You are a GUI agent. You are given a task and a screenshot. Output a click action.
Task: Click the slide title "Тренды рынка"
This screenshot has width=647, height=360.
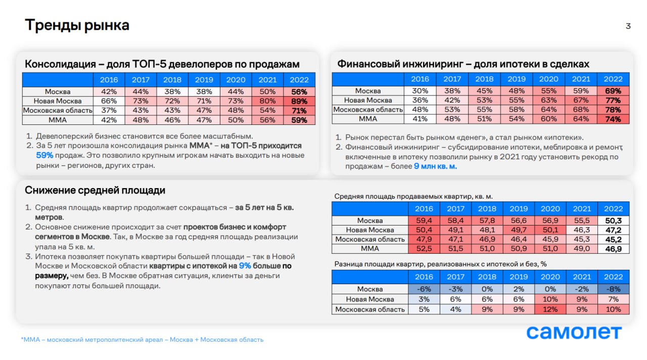coord(77,25)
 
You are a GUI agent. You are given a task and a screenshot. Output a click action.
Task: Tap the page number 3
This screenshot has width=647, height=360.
coord(628,26)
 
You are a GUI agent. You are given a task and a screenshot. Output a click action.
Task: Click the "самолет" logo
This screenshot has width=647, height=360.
coord(574,332)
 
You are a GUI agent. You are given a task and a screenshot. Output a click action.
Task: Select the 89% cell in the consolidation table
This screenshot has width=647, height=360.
coord(299,101)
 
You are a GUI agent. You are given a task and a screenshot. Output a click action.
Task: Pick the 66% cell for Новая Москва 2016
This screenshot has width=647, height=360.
coord(109,101)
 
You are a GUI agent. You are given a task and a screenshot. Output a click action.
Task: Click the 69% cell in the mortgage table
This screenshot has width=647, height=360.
coord(613,91)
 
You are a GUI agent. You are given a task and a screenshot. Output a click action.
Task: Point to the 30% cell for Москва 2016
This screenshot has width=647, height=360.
coord(420,91)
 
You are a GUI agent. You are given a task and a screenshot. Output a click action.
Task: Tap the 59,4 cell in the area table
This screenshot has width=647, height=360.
coord(424,220)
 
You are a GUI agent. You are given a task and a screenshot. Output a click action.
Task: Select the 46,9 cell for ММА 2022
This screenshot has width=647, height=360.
coord(613,249)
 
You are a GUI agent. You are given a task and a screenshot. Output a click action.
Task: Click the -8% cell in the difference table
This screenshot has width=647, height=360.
coord(613,290)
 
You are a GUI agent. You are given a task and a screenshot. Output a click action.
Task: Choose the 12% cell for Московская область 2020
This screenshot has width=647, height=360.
coord(550,309)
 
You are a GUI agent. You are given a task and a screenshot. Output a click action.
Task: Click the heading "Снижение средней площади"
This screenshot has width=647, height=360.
coord(95,191)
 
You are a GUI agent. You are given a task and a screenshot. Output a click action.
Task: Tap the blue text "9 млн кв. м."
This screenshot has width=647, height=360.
coord(435,166)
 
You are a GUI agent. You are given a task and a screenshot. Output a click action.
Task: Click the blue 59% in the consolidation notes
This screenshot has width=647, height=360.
coord(44,155)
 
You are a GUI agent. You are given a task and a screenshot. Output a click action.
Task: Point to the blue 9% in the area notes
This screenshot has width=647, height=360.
coord(245,265)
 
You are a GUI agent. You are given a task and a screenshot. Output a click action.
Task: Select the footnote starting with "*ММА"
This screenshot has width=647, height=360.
coord(142,340)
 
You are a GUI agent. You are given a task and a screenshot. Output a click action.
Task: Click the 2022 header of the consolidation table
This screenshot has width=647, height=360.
coord(299,79)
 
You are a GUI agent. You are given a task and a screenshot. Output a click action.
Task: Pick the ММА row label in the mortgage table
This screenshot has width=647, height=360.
coord(368,119)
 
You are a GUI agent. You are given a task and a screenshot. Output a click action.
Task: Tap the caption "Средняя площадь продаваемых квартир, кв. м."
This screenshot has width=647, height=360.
coord(413,196)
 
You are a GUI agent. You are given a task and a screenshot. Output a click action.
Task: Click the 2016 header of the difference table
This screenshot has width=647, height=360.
coord(424,277)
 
